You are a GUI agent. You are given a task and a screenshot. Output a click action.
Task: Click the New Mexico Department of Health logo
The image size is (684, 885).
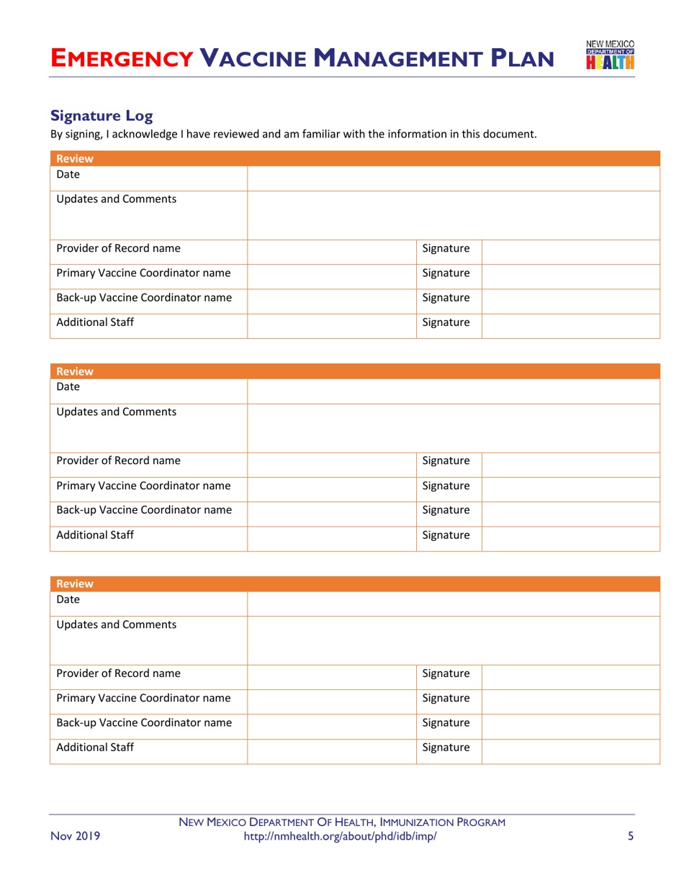[x=611, y=58]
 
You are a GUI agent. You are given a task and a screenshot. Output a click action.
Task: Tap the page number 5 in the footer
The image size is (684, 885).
[x=630, y=836]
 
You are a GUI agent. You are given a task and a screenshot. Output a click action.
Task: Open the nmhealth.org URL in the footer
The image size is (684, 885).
[x=341, y=836]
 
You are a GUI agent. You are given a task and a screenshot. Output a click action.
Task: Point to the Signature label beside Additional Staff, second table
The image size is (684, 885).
[x=446, y=535]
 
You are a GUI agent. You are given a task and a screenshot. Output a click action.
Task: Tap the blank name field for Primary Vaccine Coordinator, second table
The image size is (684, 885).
[x=331, y=486]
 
